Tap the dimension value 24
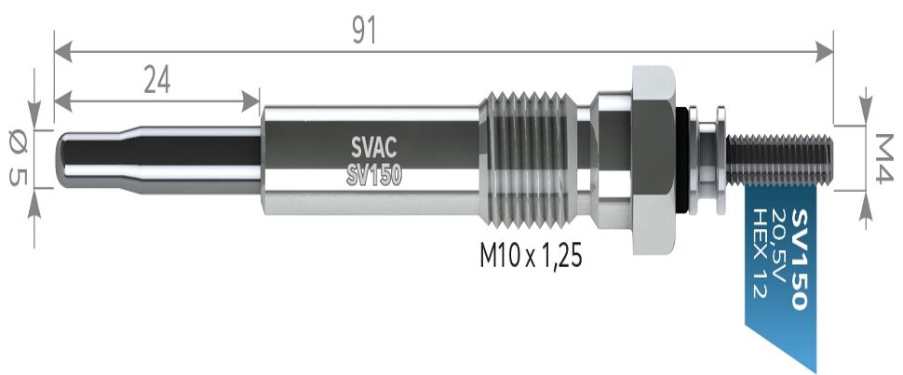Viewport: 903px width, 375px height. tap(156, 82)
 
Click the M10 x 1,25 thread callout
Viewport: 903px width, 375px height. tap(530, 256)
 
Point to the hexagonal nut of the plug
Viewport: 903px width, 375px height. tap(654, 158)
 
